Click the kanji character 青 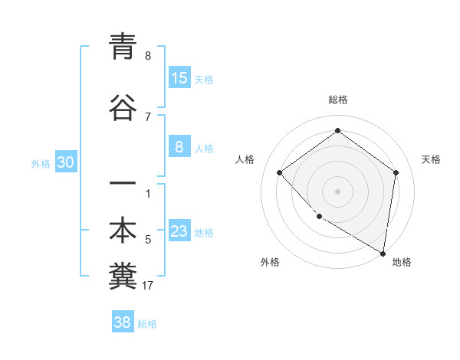[x=123, y=47]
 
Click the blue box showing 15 [x=179, y=78]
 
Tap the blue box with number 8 [x=179, y=147]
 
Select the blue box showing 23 [x=179, y=232]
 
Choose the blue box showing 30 [x=66, y=162]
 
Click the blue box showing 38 [x=123, y=322]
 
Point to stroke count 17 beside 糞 [x=148, y=286]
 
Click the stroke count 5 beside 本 [x=148, y=240]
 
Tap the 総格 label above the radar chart [x=338, y=100]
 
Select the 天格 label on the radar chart [x=432, y=159]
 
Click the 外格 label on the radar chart [x=270, y=262]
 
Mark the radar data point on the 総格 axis [x=337, y=131]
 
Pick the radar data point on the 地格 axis [x=383, y=252]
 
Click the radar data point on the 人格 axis [x=280, y=172]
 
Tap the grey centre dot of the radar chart [x=337, y=191]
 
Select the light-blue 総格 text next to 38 [x=147, y=324]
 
